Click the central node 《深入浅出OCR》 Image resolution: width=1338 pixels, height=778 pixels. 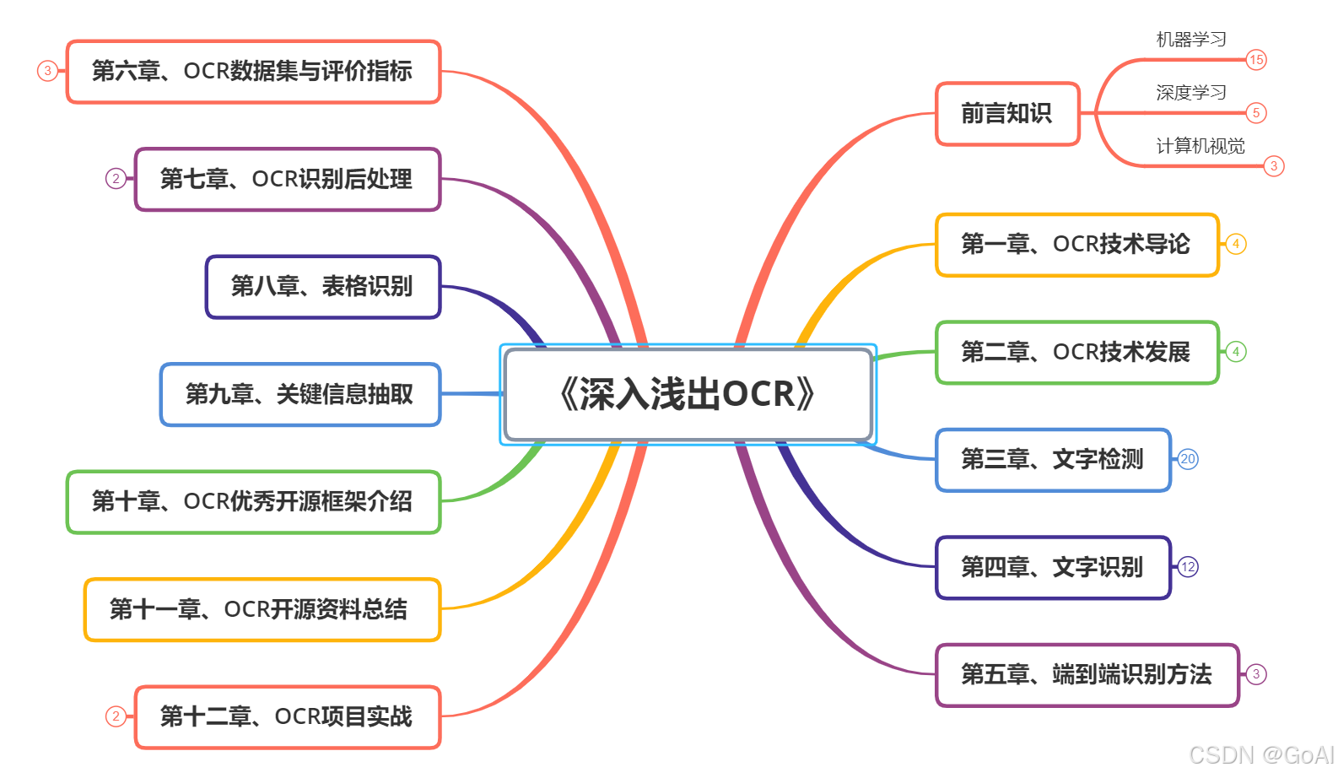point(688,394)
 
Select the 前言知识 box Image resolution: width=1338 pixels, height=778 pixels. point(1007,114)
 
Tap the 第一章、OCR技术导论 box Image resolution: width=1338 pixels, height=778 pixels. point(1076,245)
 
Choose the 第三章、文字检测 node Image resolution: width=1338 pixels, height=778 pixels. point(1053,460)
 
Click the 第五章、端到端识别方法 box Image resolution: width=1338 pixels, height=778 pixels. point(1087,675)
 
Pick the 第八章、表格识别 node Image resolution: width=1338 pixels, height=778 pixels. point(323,287)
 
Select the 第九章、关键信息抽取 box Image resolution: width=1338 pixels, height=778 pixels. point(300,394)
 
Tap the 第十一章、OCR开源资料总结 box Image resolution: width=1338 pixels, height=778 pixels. point(262,609)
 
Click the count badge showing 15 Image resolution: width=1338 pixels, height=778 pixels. point(1256,60)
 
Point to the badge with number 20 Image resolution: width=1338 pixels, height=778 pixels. point(1188,459)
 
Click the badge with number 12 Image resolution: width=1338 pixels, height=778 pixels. point(1188,567)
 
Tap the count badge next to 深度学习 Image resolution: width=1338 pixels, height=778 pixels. point(1256,113)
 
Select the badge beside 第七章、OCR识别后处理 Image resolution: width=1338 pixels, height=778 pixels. point(116,179)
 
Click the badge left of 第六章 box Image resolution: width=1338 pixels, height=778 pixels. point(47,71)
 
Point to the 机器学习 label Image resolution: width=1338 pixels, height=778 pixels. point(1190,40)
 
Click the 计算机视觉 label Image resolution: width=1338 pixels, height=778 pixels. point(1200,146)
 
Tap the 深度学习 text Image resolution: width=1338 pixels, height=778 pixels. point(1190,93)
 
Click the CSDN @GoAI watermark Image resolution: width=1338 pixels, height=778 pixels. point(1260,754)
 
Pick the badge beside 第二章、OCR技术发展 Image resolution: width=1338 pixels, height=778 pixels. point(1236,352)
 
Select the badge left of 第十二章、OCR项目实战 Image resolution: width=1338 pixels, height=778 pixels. point(116,716)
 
